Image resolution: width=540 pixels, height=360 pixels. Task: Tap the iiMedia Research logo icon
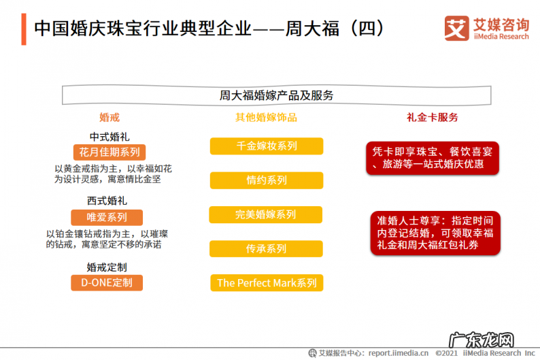click(x=456, y=28)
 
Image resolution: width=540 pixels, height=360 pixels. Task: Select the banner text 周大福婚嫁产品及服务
click(x=277, y=95)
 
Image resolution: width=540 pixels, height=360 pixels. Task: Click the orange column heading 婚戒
click(x=109, y=118)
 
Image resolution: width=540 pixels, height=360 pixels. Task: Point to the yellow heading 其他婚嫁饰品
click(x=266, y=118)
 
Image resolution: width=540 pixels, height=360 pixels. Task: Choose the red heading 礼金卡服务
click(x=433, y=118)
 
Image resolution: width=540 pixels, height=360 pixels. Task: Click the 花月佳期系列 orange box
click(x=109, y=152)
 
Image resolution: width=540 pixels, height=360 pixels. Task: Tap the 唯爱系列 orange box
click(x=107, y=218)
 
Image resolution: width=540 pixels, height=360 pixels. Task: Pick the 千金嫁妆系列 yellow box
click(x=266, y=146)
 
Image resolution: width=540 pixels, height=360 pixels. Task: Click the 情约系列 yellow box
click(x=266, y=180)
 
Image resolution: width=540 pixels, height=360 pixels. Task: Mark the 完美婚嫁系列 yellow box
click(x=265, y=215)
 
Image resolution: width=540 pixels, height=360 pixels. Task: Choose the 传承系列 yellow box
click(x=266, y=249)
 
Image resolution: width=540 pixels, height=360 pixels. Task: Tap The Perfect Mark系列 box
click(x=267, y=283)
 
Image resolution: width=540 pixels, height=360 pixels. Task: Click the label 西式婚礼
click(x=107, y=201)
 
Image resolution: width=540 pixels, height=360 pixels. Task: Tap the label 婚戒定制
click(x=107, y=267)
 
